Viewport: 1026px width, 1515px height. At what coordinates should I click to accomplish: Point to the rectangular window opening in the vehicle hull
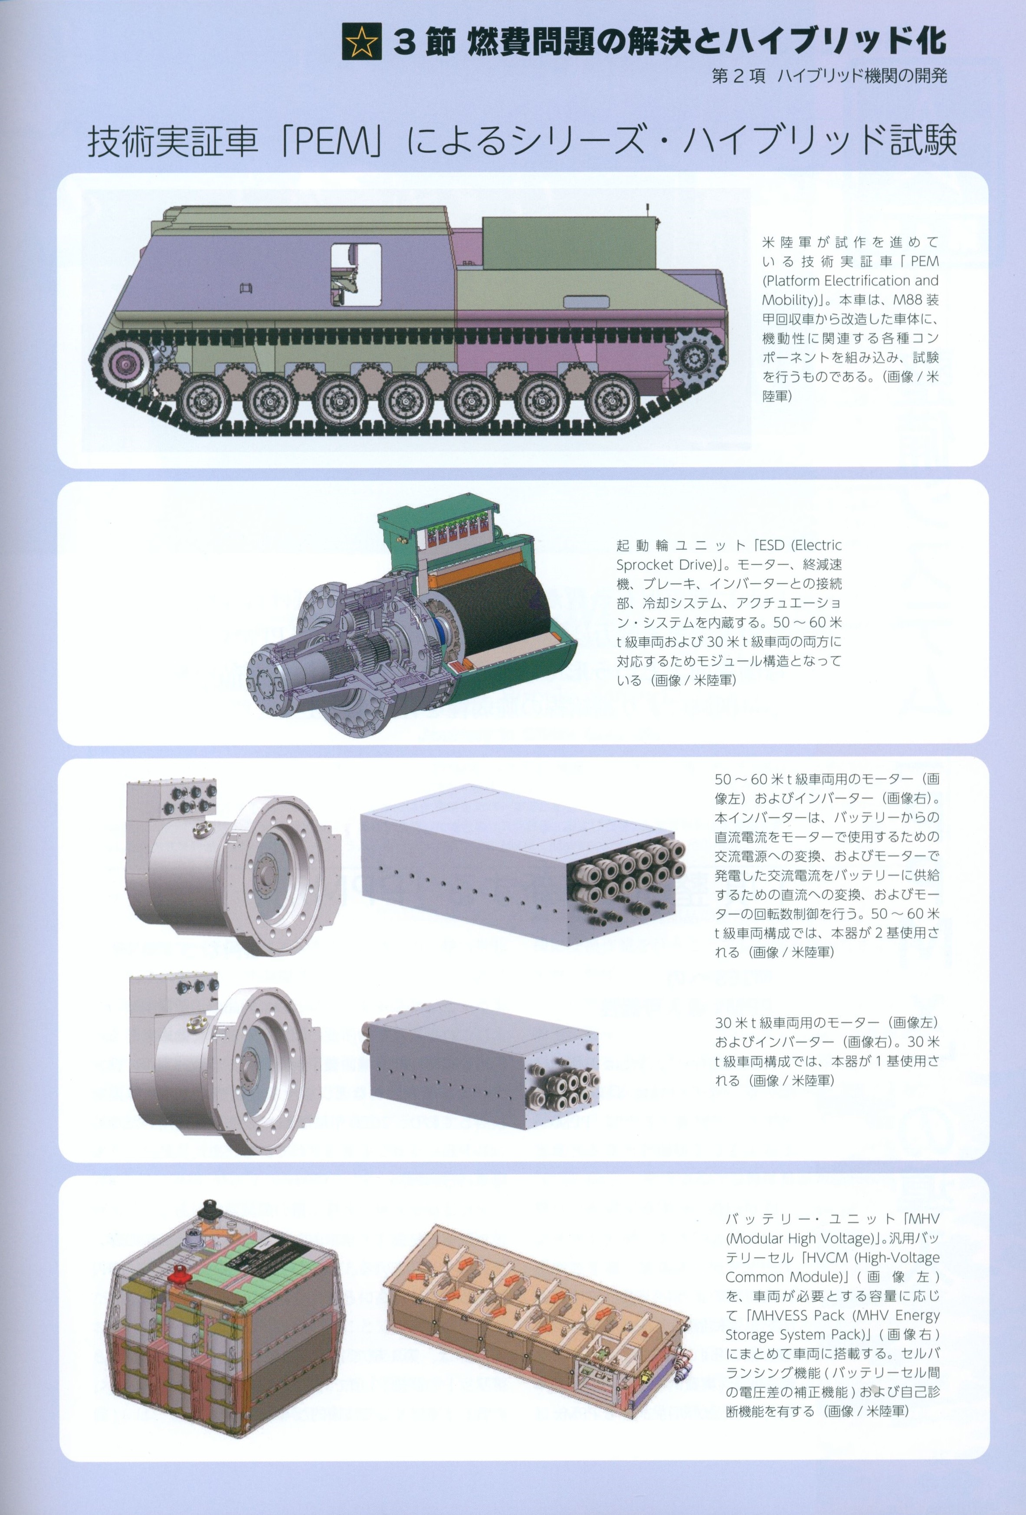tap(356, 274)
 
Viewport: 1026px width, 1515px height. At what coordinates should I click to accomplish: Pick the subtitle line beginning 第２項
tap(829, 76)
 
